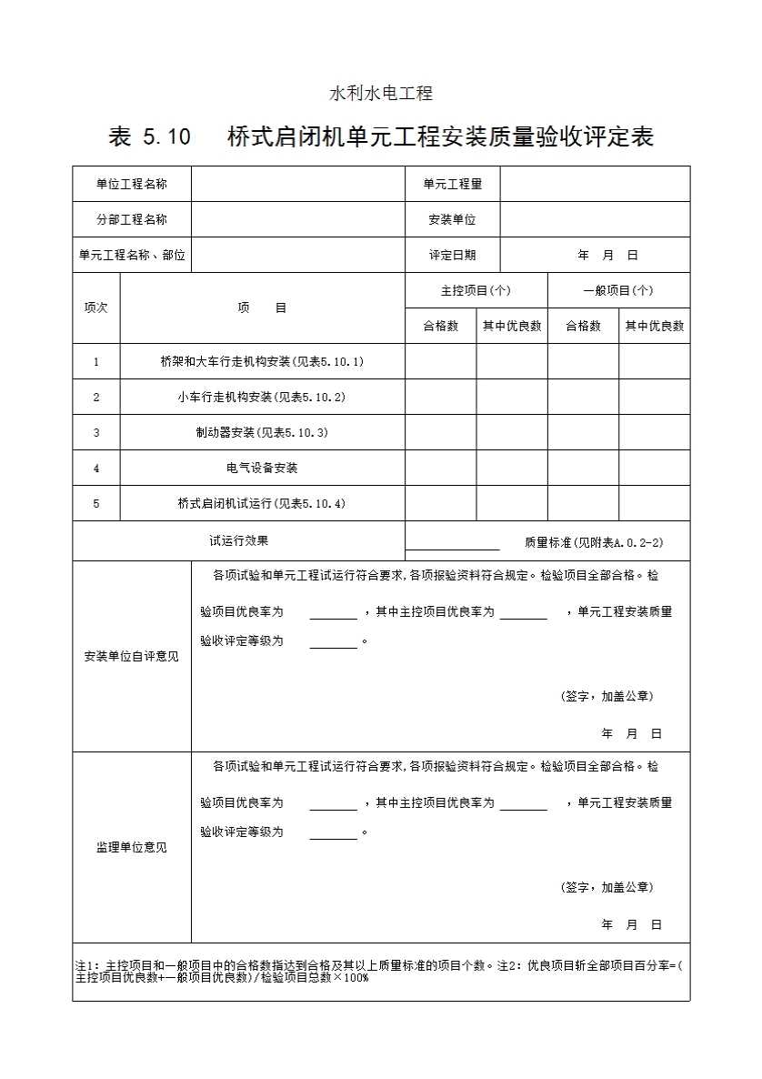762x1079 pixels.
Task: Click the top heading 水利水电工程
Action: (x=380, y=93)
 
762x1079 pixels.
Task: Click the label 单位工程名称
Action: (x=132, y=184)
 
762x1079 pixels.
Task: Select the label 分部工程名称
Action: (x=132, y=219)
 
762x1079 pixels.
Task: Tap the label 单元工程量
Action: (x=452, y=184)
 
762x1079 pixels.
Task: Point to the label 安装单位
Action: (x=452, y=219)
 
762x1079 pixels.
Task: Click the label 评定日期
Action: (x=452, y=256)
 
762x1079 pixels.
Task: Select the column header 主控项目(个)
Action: (x=476, y=290)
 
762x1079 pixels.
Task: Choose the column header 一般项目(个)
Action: (x=618, y=290)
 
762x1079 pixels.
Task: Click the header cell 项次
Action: (x=96, y=308)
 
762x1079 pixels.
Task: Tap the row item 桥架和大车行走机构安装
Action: (x=262, y=361)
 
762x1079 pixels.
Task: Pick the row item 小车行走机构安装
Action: (x=262, y=397)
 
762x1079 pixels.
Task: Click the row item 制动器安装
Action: (x=262, y=432)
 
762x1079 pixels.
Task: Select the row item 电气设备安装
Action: (x=262, y=468)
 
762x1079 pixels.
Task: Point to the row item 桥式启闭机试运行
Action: (x=262, y=503)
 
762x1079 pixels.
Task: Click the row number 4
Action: (x=96, y=468)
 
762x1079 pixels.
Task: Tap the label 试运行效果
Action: (x=238, y=540)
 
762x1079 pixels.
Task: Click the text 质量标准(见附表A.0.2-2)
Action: (x=594, y=542)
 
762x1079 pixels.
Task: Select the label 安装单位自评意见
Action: (x=132, y=656)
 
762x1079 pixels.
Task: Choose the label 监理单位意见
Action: (x=132, y=847)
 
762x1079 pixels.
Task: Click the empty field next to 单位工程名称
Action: (x=297, y=184)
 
